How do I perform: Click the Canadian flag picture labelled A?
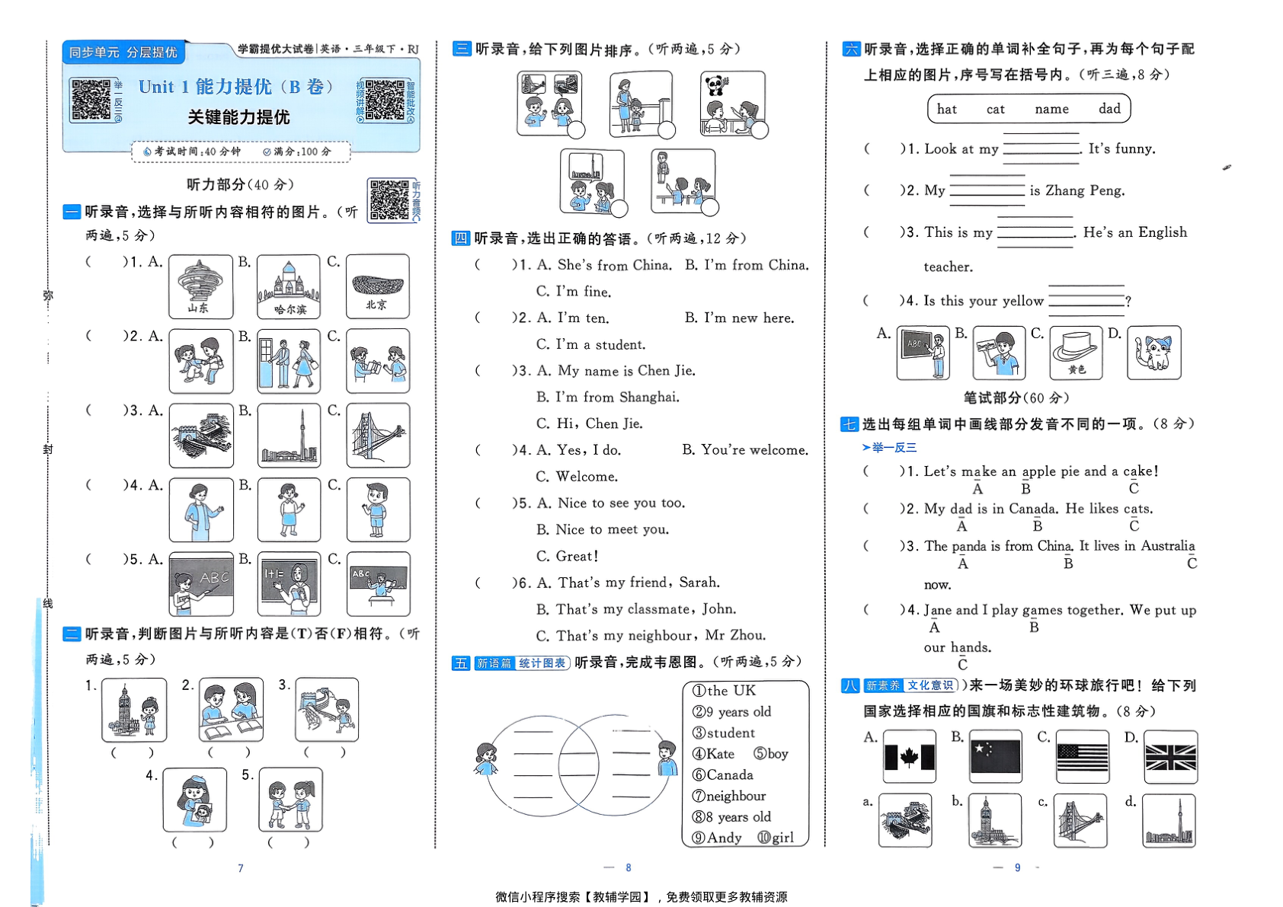pyautogui.click(x=909, y=757)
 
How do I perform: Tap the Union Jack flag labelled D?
pyautogui.click(x=1170, y=757)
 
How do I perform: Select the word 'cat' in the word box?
pyautogui.click(x=995, y=110)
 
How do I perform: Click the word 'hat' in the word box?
pyautogui.click(x=946, y=110)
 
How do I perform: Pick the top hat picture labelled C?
pyautogui.click(x=1075, y=352)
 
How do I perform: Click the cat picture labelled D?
pyautogui.click(x=1153, y=352)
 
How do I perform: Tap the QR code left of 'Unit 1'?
pyautogui.click(x=91, y=100)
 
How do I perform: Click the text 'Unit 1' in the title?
pyautogui.click(x=163, y=87)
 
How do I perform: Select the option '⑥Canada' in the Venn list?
pyautogui.click(x=722, y=775)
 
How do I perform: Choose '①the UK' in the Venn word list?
pyautogui.click(x=724, y=691)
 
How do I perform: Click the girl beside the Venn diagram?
pyautogui.click(x=485, y=759)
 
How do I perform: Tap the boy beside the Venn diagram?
pyautogui.click(x=667, y=758)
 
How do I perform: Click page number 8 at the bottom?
pyautogui.click(x=629, y=867)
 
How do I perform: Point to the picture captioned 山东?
pyautogui.click(x=200, y=286)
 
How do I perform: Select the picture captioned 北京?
pyautogui.click(x=377, y=286)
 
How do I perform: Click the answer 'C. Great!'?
pyautogui.click(x=567, y=556)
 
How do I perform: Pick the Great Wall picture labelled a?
pyautogui.click(x=904, y=820)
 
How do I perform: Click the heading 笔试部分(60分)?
pyautogui.click(x=1016, y=398)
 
